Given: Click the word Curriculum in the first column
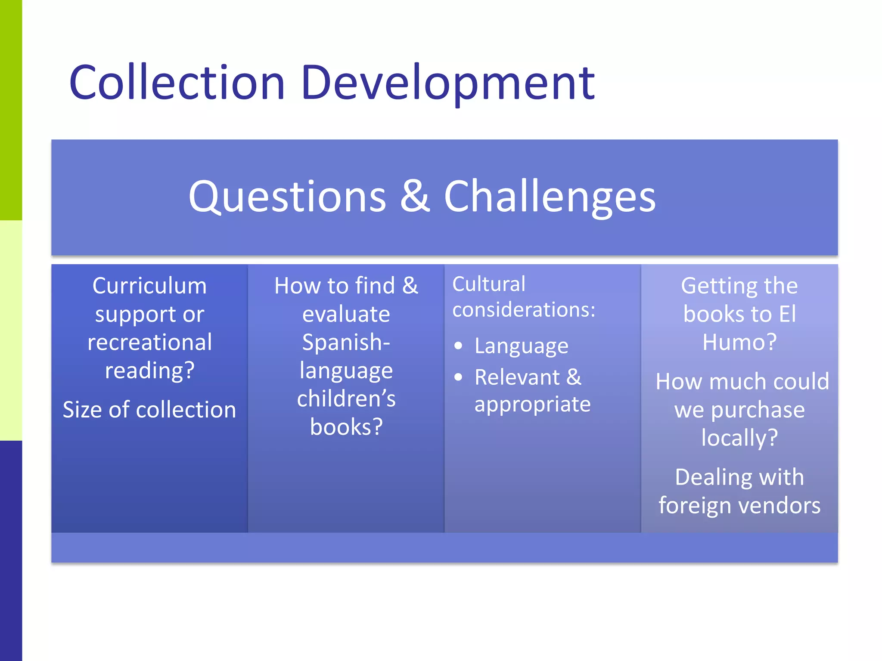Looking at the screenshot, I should coord(149,286).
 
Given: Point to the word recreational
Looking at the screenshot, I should coord(149,342).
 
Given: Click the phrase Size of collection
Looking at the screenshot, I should coord(149,409).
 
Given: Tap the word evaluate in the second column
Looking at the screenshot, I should coord(346,314).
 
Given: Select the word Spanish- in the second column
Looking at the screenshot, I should coord(346,342).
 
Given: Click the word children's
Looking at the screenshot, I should coord(346,398).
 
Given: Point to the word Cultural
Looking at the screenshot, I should coord(489,284).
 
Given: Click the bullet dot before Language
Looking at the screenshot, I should coord(458,346).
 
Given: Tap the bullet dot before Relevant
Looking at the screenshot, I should coord(458,377).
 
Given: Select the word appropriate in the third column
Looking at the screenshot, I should coord(532,405).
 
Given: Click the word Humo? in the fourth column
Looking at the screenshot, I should coord(739,342).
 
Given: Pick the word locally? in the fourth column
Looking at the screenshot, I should coord(739,438).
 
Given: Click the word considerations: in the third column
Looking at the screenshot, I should coord(524,309).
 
